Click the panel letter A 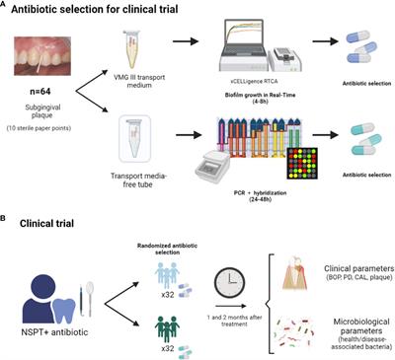8,8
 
